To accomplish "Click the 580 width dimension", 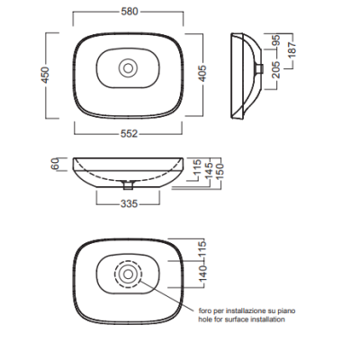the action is coord(130,12).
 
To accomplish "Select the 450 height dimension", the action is coord(45,75).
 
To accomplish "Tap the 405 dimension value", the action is coord(203,73).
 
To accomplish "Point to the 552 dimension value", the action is coord(129,133).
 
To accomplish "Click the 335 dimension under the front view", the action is coord(129,203).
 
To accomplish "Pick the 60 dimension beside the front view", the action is coord(56,164).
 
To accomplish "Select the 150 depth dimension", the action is coord(220,171).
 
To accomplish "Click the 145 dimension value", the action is coord(210,170).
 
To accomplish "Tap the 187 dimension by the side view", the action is coord(292,50).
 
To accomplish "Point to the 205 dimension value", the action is coord(276,69).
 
